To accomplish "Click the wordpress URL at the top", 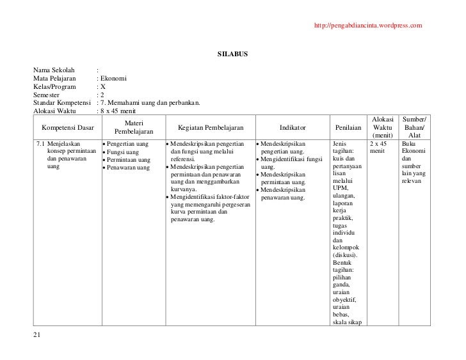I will (368, 26).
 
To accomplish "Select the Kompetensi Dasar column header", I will (67, 128).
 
